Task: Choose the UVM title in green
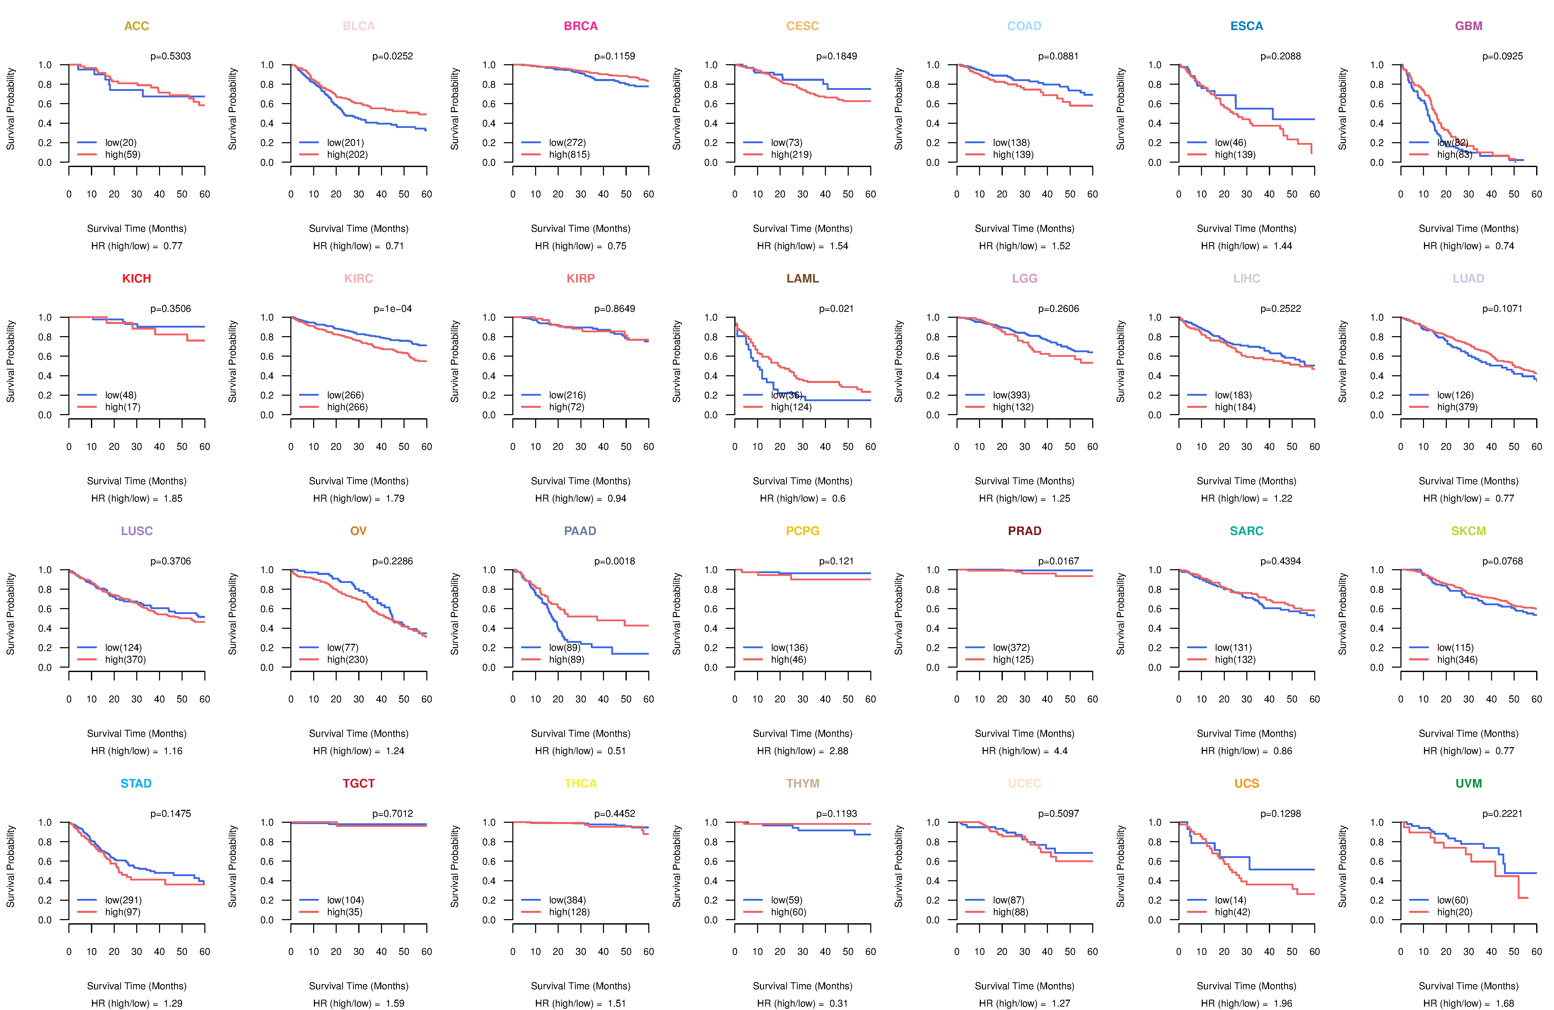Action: coord(1469,783)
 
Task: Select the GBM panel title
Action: coord(1469,26)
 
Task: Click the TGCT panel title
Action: coord(358,783)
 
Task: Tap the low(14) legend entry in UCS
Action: coord(1230,900)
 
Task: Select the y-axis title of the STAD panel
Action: coord(10,866)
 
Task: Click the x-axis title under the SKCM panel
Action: coord(1469,734)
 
